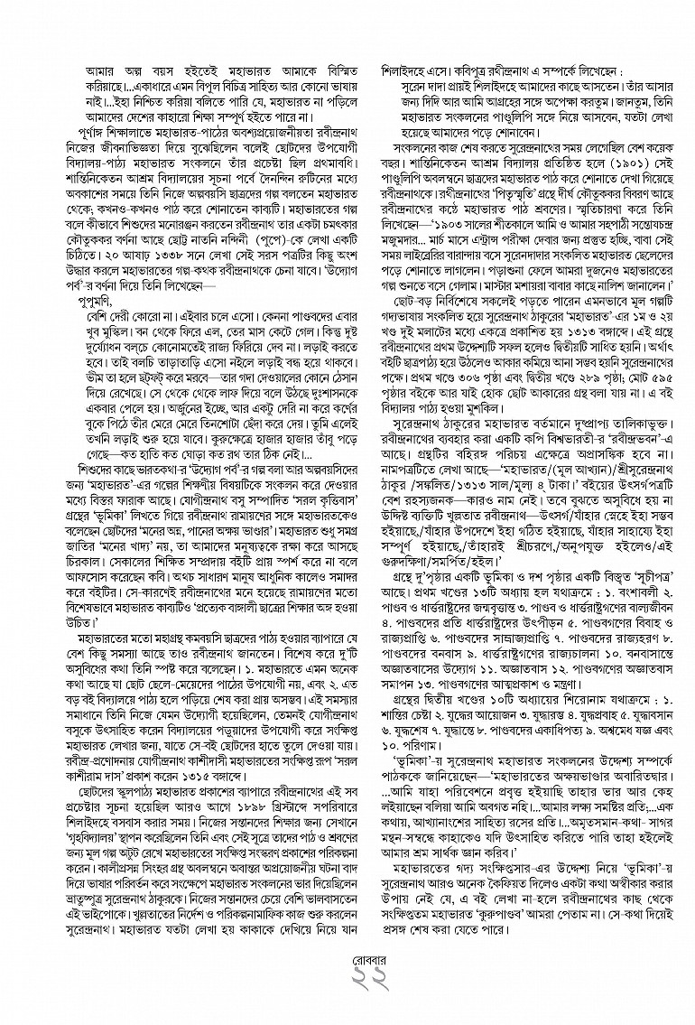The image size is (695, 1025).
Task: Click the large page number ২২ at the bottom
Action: coord(347,993)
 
